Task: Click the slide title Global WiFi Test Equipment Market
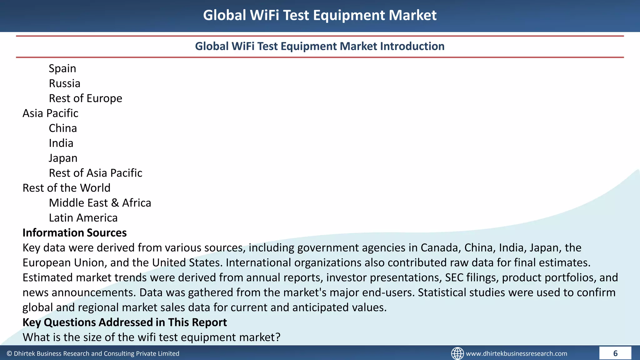320,15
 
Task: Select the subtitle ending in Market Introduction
320,46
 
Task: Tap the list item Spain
62,68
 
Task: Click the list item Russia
65,83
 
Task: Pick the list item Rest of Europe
85,98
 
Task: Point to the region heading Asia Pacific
50,113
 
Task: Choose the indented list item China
63,128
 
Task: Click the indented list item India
61,143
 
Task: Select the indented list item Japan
63,158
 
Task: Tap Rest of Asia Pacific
95,173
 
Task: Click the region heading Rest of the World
67,188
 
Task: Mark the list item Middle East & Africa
100,203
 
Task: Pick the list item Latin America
83,218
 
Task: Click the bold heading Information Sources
75,233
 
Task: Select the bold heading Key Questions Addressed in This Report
125,322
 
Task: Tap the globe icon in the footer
457,353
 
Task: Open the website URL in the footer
516,353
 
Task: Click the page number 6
615,353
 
